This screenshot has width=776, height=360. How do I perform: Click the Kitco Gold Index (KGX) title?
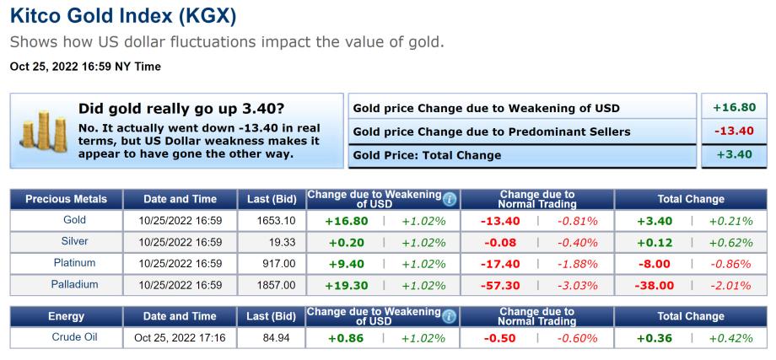[123, 16]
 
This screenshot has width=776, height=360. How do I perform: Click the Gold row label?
[74, 220]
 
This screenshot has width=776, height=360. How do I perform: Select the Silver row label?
[74, 242]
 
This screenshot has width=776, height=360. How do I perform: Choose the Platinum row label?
[74, 263]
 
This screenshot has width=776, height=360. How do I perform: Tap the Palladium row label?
[74, 285]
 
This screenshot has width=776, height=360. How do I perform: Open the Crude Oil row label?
[74, 337]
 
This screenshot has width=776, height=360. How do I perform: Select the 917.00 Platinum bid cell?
[278, 264]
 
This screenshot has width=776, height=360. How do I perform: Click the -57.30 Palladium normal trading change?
[499, 286]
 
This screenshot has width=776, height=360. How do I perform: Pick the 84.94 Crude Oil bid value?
[283, 338]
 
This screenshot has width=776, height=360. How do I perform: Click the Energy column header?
[66, 316]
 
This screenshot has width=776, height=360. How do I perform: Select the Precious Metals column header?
[66, 199]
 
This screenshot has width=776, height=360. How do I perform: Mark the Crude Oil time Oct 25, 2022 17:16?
[179, 338]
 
